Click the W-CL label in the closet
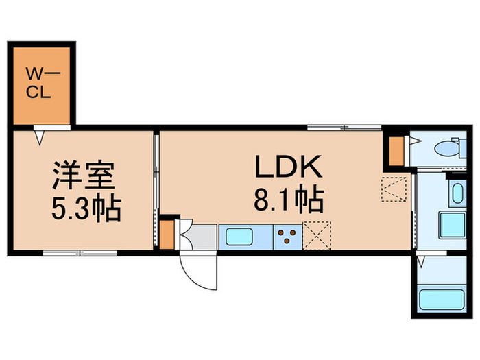tap(38, 82)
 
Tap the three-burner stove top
tap(287, 237)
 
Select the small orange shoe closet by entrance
tap(167, 234)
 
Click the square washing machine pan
tap(452, 225)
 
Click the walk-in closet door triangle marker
tap(40, 136)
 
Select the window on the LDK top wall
tap(344, 127)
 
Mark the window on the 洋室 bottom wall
tap(80, 252)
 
